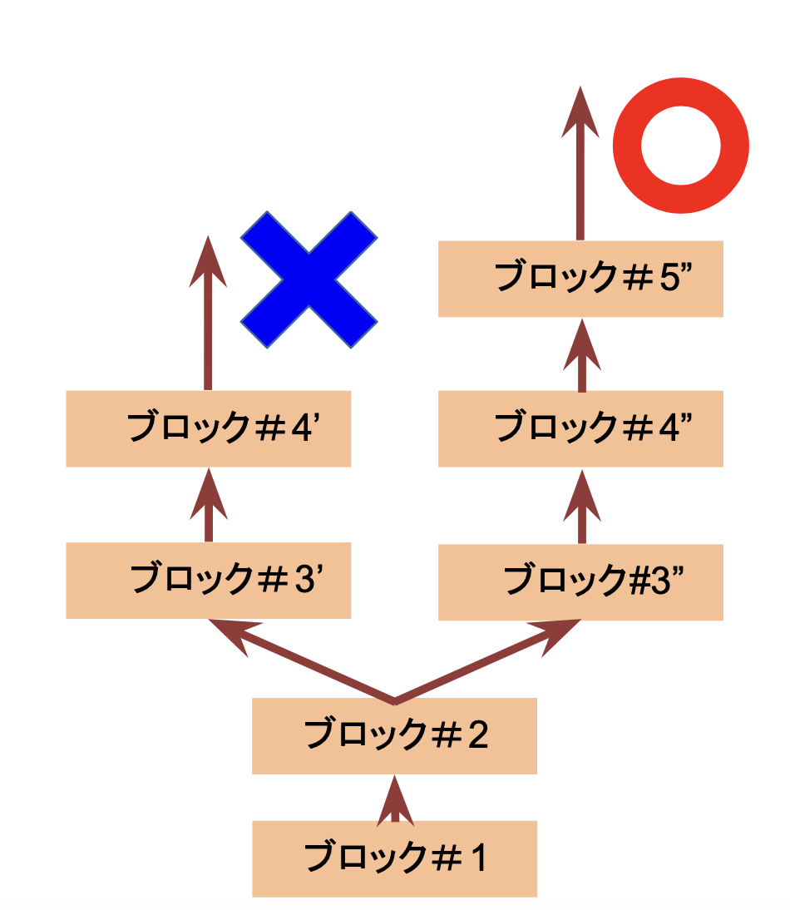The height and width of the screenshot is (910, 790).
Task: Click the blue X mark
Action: [x=309, y=279]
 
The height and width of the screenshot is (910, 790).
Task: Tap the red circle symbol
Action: [x=680, y=146]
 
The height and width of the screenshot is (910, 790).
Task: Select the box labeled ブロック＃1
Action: [x=394, y=858]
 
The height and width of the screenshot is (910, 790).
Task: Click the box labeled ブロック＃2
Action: [x=394, y=735]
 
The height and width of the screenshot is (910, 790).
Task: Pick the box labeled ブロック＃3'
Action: [x=208, y=581]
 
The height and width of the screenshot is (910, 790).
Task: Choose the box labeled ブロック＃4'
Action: [x=208, y=428]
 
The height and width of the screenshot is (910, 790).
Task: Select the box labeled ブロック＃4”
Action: [x=580, y=428]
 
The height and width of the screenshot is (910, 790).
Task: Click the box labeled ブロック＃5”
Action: [x=580, y=279]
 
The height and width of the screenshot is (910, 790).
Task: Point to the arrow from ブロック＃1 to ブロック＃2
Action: [x=394, y=801]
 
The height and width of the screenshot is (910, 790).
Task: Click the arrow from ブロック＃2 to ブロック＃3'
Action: [x=299, y=661]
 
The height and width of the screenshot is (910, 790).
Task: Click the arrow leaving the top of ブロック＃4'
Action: [x=208, y=316]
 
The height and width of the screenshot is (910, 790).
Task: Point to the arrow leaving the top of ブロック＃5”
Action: [x=580, y=166]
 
